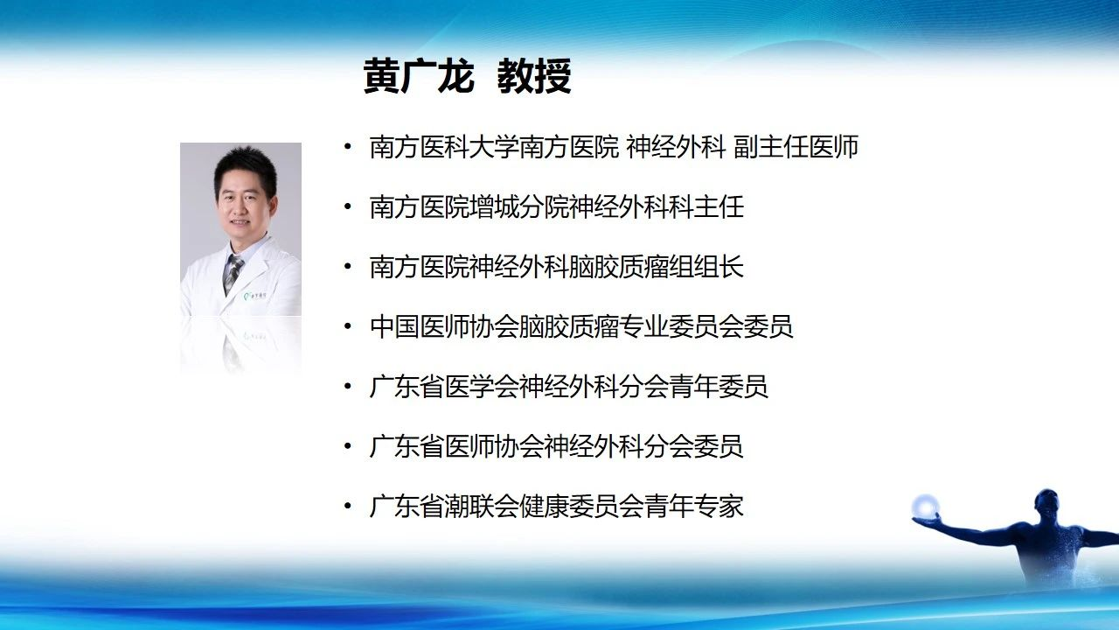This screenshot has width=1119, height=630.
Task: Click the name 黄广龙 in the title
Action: click(419, 76)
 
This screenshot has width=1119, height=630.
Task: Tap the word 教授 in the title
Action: click(534, 76)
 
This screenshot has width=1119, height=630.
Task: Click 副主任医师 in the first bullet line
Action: click(796, 147)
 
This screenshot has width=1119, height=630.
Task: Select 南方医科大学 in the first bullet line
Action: click(444, 147)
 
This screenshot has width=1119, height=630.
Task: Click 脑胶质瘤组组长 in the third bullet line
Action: click(656, 267)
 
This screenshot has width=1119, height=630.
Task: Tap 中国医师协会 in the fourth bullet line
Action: click(444, 326)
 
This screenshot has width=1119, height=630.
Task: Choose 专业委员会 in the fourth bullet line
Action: click(681, 326)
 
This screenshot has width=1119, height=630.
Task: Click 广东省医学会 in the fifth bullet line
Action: click(444, 387)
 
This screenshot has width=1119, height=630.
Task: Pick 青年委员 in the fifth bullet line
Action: click(719, 387)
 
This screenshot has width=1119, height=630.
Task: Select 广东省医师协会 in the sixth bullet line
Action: click(456, 446)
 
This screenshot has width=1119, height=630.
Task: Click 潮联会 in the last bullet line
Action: click(482, 506)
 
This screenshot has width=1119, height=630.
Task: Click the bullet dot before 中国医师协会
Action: click(348, 326)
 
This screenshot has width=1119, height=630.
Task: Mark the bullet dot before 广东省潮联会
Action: click(348, 506)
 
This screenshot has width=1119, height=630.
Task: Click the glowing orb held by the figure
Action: click(925, 506)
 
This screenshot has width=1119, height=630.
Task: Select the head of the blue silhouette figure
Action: click(1046, 506)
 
